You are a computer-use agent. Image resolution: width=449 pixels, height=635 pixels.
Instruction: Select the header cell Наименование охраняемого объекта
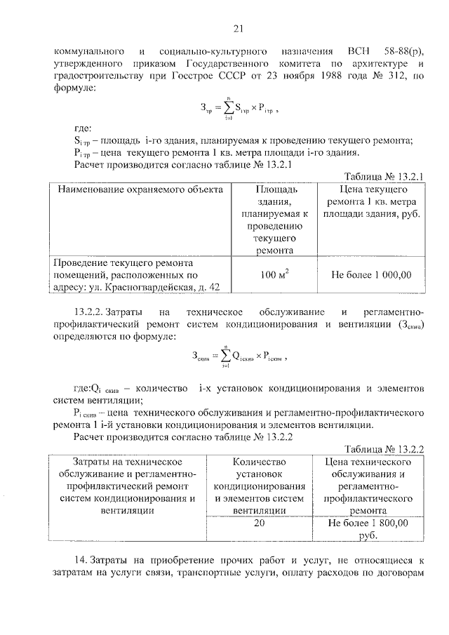[140, 189]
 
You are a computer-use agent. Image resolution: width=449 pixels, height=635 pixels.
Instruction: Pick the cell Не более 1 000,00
[371, 274]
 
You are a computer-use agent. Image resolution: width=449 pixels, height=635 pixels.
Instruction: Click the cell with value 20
[260, 523]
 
